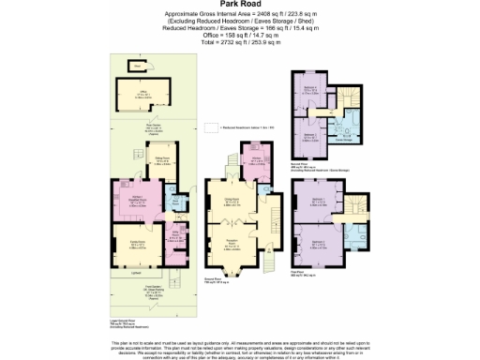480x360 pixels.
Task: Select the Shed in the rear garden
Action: click(x=138, y=67)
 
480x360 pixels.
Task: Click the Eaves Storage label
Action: click(x=342, y=140)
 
